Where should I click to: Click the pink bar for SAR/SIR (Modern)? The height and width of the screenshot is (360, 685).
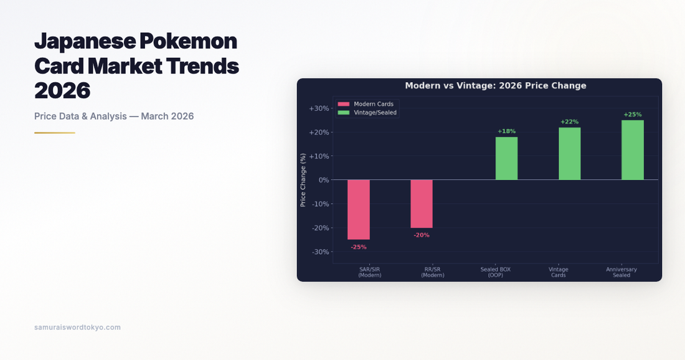click(x=358, y=209)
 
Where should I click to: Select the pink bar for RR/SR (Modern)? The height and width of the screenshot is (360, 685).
click(x=421, y=204)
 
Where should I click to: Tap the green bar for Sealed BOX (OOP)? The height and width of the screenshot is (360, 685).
click(x=506, y=158)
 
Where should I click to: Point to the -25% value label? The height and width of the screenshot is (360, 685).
click(x=358, y=247)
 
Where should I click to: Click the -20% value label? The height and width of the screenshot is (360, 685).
click(x=422, y=235)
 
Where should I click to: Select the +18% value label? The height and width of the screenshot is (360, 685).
click(x=506, y=131)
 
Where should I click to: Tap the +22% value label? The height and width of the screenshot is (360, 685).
click(x=569, y=122)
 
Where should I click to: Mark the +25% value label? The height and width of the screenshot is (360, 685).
click(x=633, y=115)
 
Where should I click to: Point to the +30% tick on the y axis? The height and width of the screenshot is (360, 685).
click(x=319, y=108)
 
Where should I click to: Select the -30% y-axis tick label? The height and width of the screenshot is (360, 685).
click(x=319, y=252)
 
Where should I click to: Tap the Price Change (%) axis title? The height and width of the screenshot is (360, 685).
click(x=303, y=180)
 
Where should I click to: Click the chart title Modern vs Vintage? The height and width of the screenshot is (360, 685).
click(x=496, y=86)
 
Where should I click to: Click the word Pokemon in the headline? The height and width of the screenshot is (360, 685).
click(x=188, y=41)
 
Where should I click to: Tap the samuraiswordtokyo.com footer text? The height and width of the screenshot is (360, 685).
click(x=77, y=327)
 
